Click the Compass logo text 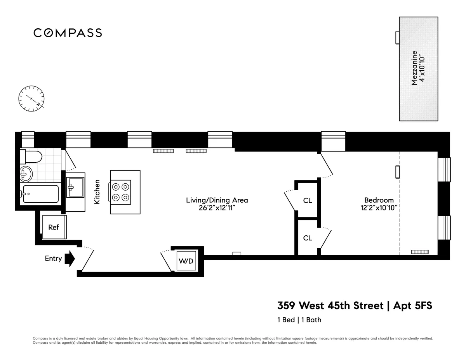coord(68,33)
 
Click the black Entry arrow coord(70,259)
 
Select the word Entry coord(53,259)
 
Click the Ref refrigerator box coord(54,227)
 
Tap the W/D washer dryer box coord(186,261)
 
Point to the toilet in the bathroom coord(31,157)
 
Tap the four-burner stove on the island coord(120,192)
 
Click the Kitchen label coord(97,192)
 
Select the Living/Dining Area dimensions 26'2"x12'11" coord(217,208)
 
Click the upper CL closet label coord(308,201)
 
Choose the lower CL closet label coord(308,238)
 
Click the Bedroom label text coord(379,200)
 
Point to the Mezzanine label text coord(414,68)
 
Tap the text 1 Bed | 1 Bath coord(299,320)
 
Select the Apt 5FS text coord(413,306)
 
